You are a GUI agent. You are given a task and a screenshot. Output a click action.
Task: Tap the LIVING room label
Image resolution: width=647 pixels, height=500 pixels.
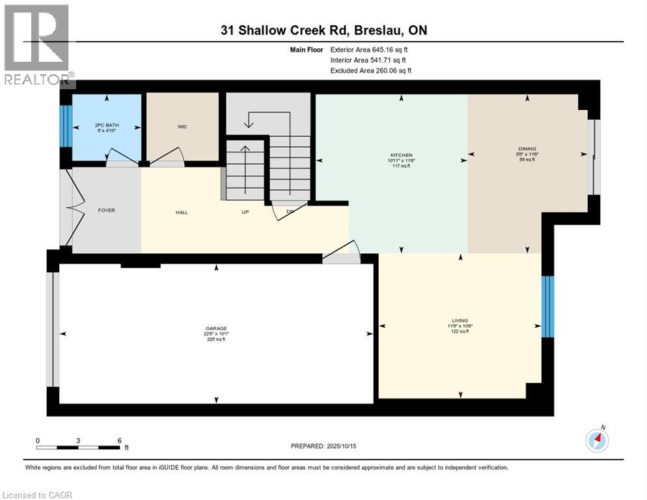coord(460,320)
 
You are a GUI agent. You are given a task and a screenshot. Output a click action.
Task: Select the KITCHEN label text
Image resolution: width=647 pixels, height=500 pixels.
coord(402,156)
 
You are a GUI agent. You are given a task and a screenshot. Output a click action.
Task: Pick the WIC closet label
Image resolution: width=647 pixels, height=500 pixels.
coord(182,126)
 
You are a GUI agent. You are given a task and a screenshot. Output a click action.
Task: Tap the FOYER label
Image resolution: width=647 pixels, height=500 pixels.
coord(107,211)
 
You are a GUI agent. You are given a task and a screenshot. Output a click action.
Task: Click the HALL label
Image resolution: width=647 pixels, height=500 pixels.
coord(182,212)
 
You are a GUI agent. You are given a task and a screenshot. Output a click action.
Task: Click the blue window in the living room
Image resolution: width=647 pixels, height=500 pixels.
coord(547,306)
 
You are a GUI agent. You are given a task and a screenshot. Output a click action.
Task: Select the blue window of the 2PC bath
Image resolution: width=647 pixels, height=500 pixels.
coord(65,126)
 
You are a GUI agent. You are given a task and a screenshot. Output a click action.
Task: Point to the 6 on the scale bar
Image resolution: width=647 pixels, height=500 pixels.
coord(119,440)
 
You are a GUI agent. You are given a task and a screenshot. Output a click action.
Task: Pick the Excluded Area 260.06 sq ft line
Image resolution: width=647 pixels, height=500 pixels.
coord(370,71)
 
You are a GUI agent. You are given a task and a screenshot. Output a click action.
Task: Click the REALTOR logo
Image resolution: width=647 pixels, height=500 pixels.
coord(37,46)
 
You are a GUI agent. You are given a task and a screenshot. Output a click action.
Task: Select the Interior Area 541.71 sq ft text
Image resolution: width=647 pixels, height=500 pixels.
coord(370,60)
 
